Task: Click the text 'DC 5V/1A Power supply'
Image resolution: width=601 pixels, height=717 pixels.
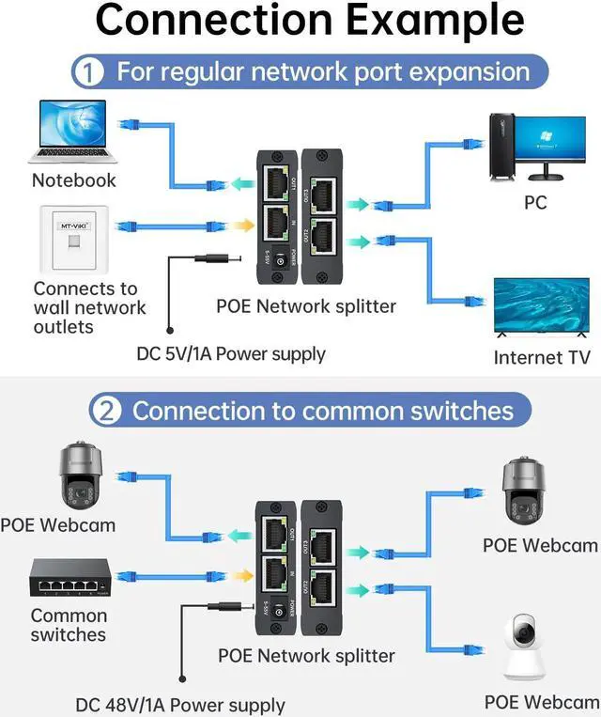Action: pos(231,354)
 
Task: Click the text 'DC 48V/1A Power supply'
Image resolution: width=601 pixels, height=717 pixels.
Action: pos(180,704)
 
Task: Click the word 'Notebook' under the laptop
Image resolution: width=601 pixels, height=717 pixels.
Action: pos(74,179)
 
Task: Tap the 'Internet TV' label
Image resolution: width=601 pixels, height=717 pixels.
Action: pos(542,357)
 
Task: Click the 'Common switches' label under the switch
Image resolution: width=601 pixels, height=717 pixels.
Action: pos(69,625)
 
